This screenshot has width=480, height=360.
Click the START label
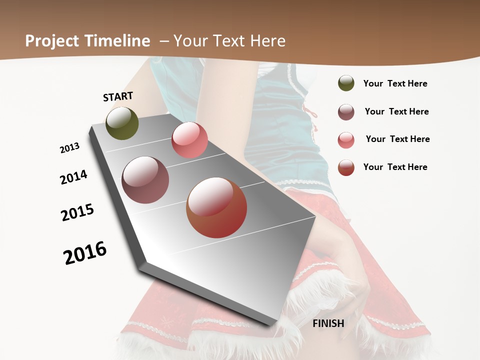coord(118,96)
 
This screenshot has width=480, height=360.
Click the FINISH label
coord(328,323)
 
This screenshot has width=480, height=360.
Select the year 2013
coord(69,147)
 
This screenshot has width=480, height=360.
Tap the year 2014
coord(74,177)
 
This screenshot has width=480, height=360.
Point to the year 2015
coord(77,212)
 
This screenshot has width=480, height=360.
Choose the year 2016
coord(85,253)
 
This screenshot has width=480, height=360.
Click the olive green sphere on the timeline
coord(122,123)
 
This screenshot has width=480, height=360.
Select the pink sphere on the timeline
coord(189,140)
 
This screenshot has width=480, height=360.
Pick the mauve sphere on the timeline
coord(145,180)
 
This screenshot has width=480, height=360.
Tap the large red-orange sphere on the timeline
coord(216,207)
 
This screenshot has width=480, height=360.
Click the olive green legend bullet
coord(346,83)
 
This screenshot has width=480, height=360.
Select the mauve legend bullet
coord(346,112)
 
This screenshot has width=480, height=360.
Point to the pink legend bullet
coord(346,140)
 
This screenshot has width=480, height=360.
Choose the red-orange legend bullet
coord(346,167)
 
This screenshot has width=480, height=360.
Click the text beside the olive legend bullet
coord(395,83)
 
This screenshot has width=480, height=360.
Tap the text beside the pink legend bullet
coord(397,139)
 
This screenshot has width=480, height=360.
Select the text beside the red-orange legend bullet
coord(395,167)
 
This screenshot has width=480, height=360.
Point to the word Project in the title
coord(52,41)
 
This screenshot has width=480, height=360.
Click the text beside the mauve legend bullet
coord(396,111)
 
